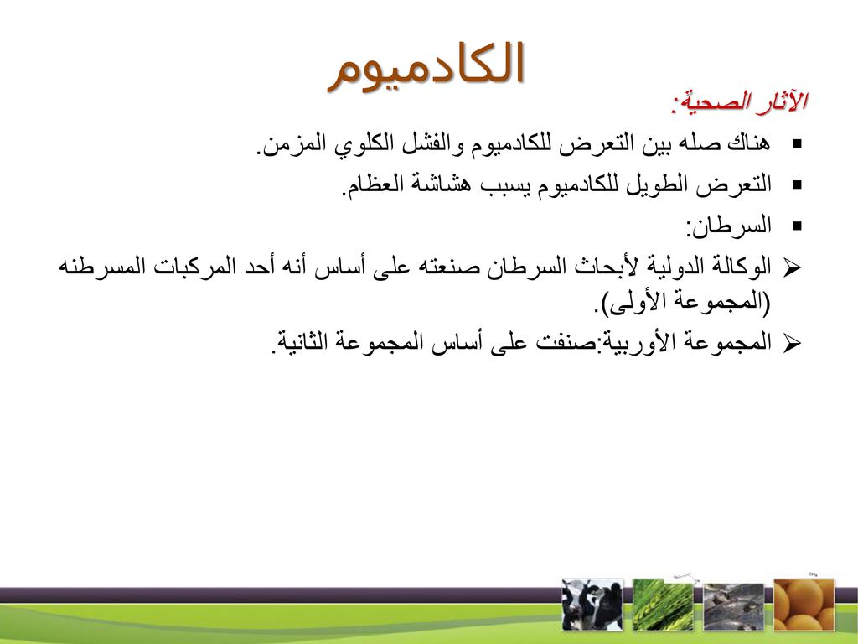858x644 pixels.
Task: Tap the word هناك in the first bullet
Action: pos(748,143)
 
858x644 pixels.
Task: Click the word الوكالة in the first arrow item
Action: pos(741,267)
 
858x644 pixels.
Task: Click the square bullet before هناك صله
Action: pos(797,144)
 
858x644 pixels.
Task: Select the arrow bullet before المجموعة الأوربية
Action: pos(792,343)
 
